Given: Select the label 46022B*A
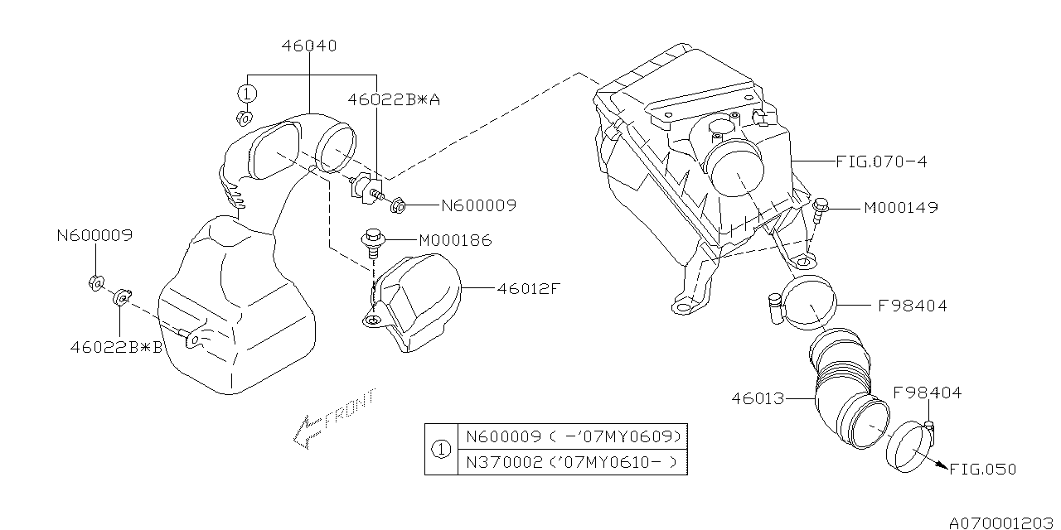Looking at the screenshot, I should click(394, 99).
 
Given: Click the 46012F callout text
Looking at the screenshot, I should click(530, 289).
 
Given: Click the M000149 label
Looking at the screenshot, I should click(900, 207).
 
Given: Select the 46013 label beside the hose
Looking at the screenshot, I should click(758, 397).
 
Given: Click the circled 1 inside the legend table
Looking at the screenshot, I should click(441, 450).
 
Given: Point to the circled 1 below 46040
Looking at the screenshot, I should click(247, 92).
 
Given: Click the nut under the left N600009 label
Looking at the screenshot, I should click(95, 282).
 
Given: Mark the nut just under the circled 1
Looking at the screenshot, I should click(244, 118).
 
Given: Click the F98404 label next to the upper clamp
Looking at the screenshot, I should click(912, 306).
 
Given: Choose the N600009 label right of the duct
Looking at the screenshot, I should click(477, 206).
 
